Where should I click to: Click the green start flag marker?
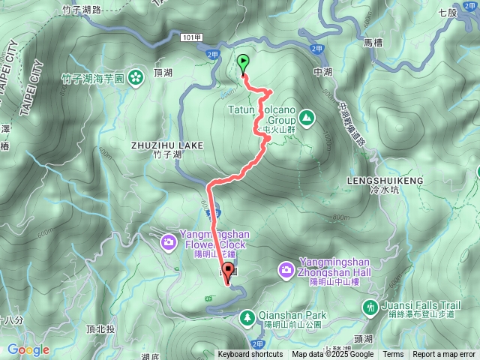(x=243, y=62)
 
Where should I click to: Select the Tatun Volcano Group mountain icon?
(x=306, y=117)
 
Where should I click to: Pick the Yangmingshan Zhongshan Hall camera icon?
(x=286, y=268)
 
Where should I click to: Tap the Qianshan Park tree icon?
(x=247, y=318)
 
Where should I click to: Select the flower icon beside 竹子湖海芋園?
(x=135, y=75)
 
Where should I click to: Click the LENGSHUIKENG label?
(x=386, y=181)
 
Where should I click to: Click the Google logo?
(x=28, y=349)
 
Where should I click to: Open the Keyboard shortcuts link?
(x=250, y=355)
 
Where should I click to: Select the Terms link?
(x=393, y=355)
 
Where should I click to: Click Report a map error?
(x=444, y=355)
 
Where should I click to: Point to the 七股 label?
(x=447, y=13)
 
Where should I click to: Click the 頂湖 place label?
(x=163, y=74)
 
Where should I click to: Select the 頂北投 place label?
(x=100, y=329)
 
